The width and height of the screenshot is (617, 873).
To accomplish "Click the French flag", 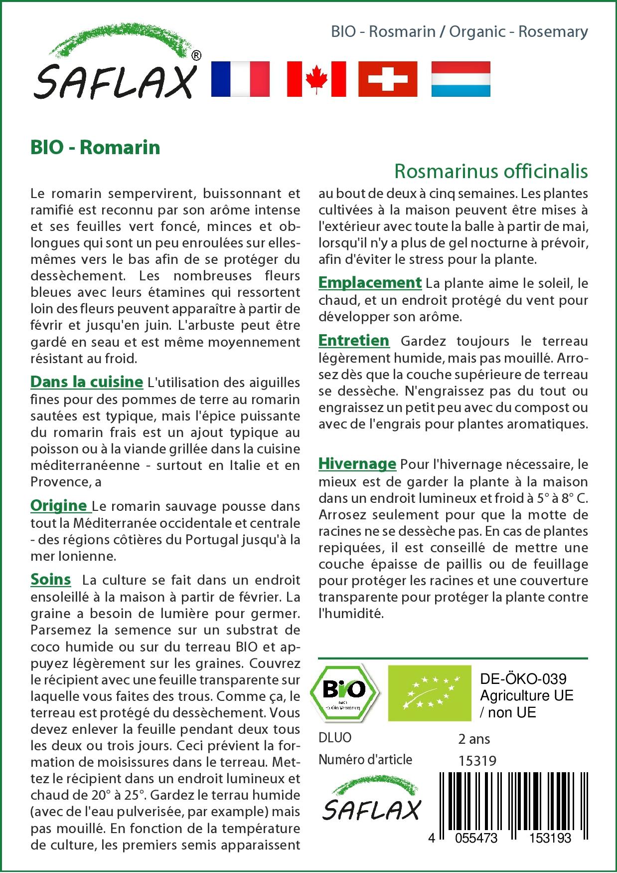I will [x=240, y=79].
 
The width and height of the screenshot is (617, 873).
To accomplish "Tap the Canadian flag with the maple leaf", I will [x=316, y=79].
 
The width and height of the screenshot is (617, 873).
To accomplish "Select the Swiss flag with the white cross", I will [x=388, y=79].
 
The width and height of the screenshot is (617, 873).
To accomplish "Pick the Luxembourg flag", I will [x=461, y=79].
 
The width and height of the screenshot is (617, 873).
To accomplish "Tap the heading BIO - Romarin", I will [x=95, y=147].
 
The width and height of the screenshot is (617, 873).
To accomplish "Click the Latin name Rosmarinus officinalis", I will [x=491, y=171].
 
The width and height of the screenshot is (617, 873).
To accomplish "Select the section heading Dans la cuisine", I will [x=87, y=382].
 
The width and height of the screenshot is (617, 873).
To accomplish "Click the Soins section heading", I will [x=50, y=579].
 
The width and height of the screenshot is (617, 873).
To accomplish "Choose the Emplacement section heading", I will [x=370, y=282].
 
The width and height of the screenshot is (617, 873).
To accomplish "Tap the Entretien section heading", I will [x=354, y=340].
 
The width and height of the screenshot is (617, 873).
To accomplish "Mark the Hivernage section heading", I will [x=357, y=463].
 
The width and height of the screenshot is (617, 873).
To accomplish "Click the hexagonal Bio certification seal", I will [x=344, y=693].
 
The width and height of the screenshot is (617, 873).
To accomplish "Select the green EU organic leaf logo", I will [x=430, y=693].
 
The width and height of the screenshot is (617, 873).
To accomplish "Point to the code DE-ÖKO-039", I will [x=523, y=679].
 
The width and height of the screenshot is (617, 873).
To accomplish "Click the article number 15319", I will [x=477, y=761].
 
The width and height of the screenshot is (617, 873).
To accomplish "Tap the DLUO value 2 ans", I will [x=474, y=739].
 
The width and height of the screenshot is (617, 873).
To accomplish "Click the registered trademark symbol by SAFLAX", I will [x=196, y=55].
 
